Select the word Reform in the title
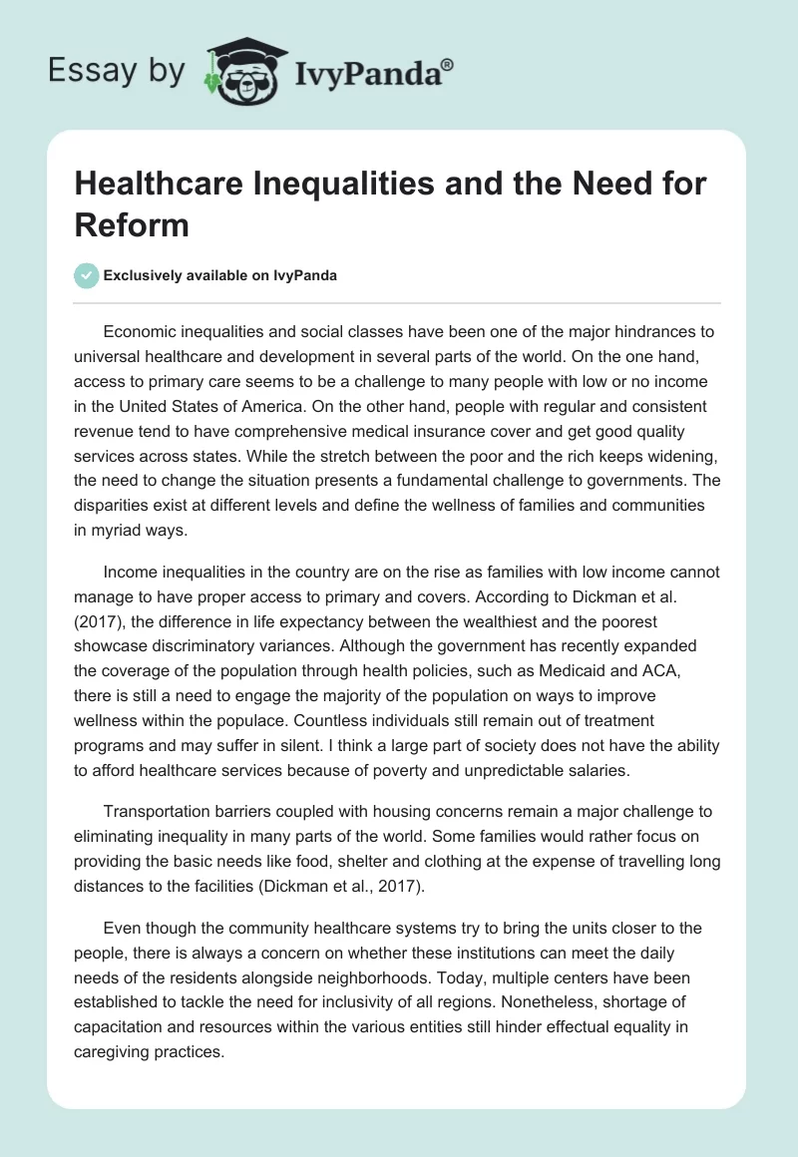[132, 224]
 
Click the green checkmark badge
[87, 276]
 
